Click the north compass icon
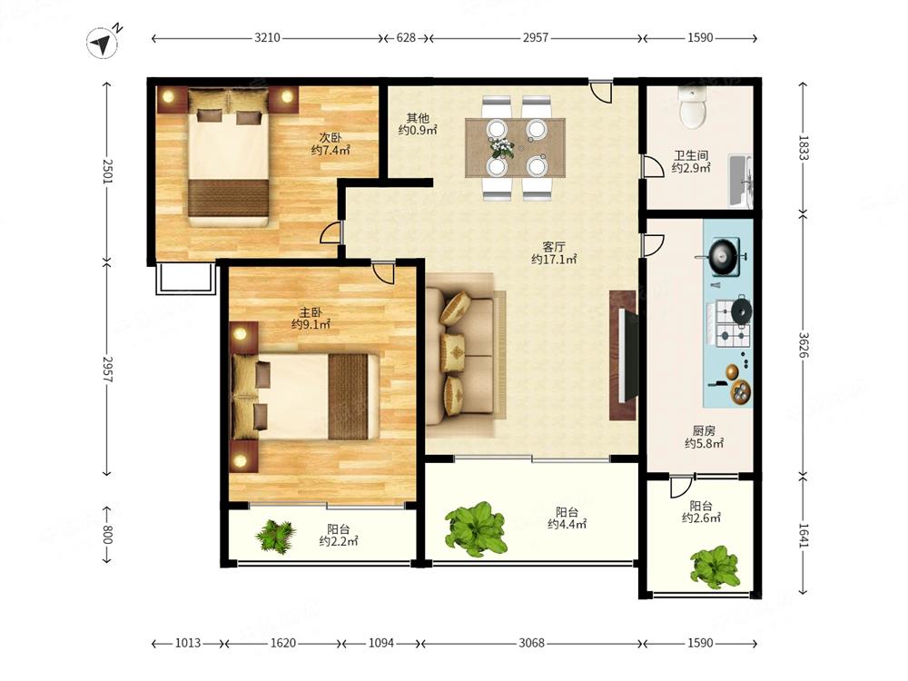103,43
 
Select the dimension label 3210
267,37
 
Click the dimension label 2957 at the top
536,37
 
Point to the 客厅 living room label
554,246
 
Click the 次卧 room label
331,138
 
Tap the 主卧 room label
311,312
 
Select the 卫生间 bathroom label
691,156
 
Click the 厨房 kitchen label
705,430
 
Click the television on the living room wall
629,356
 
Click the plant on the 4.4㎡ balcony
476,528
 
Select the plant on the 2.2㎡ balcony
276,536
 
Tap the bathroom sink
740,181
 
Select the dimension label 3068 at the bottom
531,643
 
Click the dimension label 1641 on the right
804,536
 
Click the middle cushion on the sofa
453,352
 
